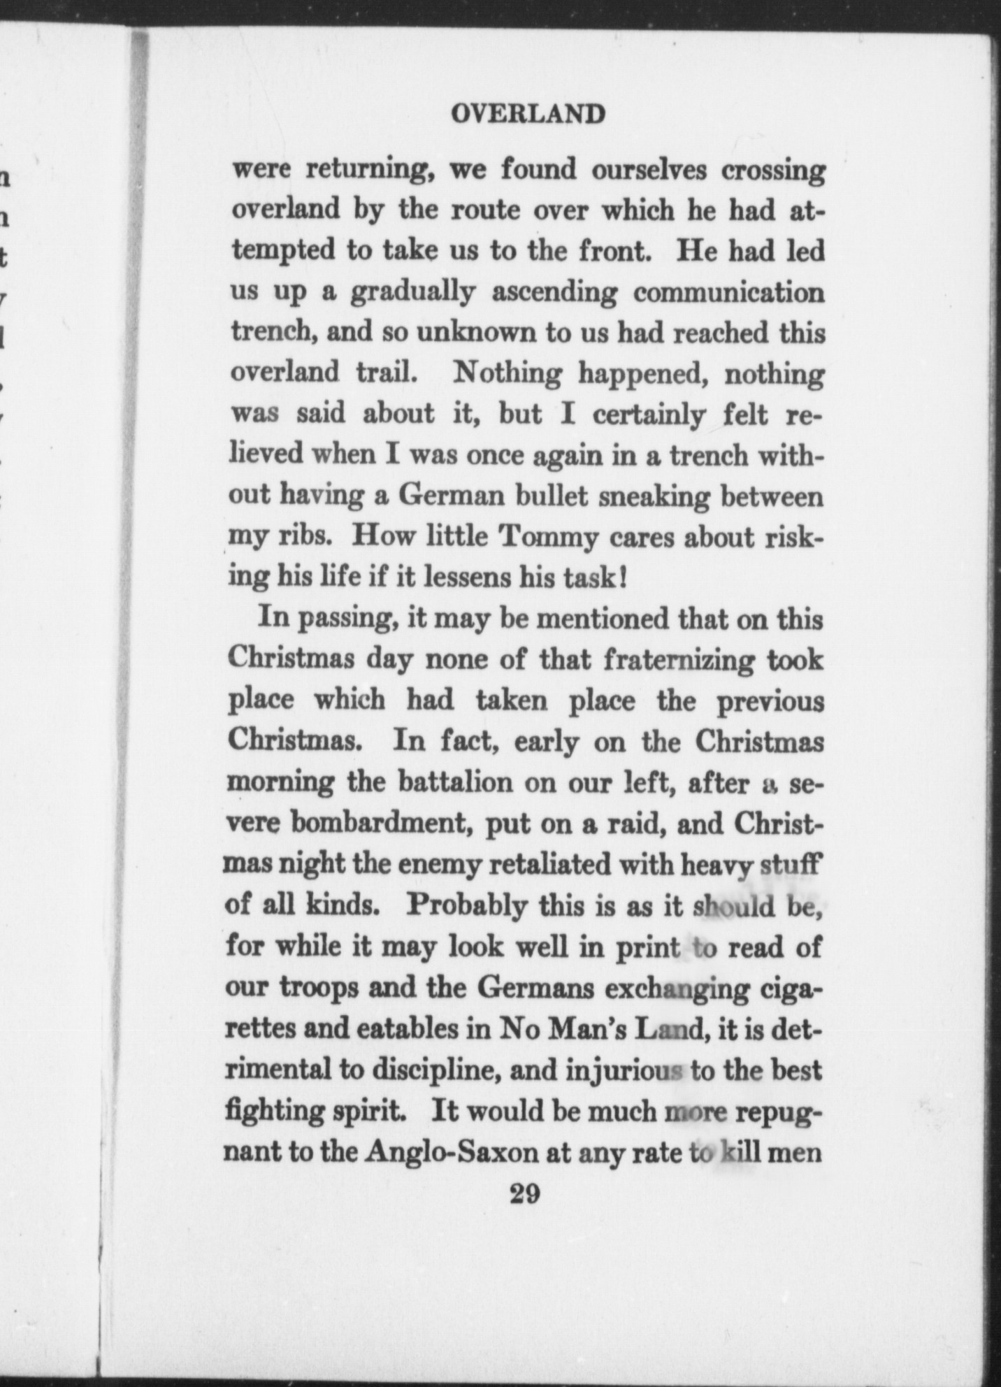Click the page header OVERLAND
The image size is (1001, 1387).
pyautogui.click(x=527, y=114)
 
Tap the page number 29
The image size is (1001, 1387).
pyautogui.click(x=525, y=1194)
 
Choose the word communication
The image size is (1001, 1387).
pyautogui.click(x=729, y=292)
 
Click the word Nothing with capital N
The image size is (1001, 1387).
pyautogui.click(x=507, y=373)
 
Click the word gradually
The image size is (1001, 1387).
pyautogui.click(x=412, y=293)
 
